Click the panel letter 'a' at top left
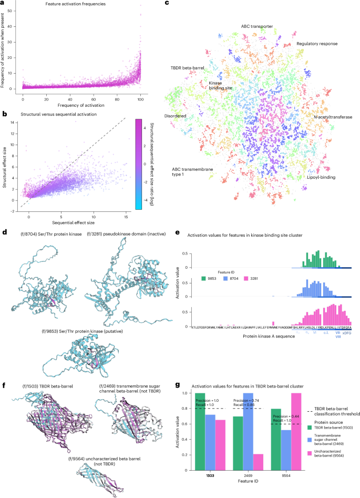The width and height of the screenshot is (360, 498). (4, 3)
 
